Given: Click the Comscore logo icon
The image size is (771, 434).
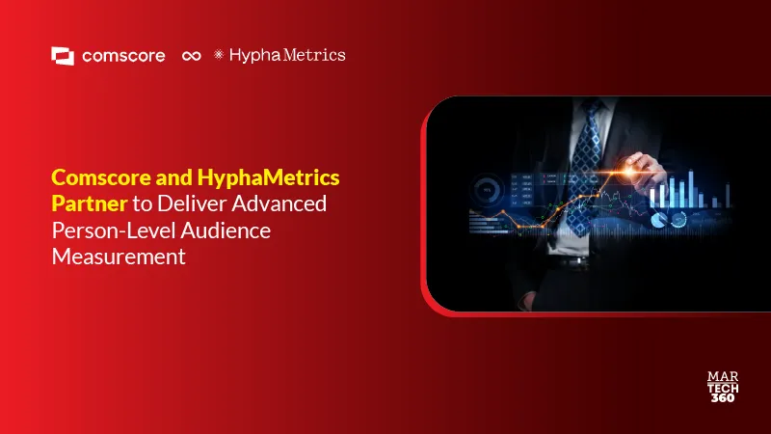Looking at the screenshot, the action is pos(63,56).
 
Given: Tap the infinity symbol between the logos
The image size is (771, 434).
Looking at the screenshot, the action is pos(191,56).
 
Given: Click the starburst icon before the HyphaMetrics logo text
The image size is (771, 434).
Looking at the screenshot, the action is pos(219,54).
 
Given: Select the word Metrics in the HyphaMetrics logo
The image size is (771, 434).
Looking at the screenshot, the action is pos(314,55).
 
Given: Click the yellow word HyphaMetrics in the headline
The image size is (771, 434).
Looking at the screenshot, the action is pos(268,177).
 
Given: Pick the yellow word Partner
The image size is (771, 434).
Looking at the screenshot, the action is pos(90,203).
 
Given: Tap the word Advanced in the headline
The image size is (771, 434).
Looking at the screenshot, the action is pos(279,203).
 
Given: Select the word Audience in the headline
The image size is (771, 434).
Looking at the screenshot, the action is pos(226,231).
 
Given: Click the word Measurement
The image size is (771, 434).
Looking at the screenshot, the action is pos(119,257).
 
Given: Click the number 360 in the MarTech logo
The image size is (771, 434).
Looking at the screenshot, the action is pos(723,397).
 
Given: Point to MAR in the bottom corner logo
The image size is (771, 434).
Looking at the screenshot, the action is pos(723,376).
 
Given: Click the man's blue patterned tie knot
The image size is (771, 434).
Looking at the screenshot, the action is pos(591,108).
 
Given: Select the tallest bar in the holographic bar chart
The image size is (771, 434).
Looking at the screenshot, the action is pos(691,188).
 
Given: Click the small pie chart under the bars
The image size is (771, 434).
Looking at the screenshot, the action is pos(658,220).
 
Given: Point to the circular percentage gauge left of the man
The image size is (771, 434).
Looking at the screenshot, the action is pos(487,189).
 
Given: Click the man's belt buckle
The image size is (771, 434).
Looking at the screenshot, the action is pos(579,260).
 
